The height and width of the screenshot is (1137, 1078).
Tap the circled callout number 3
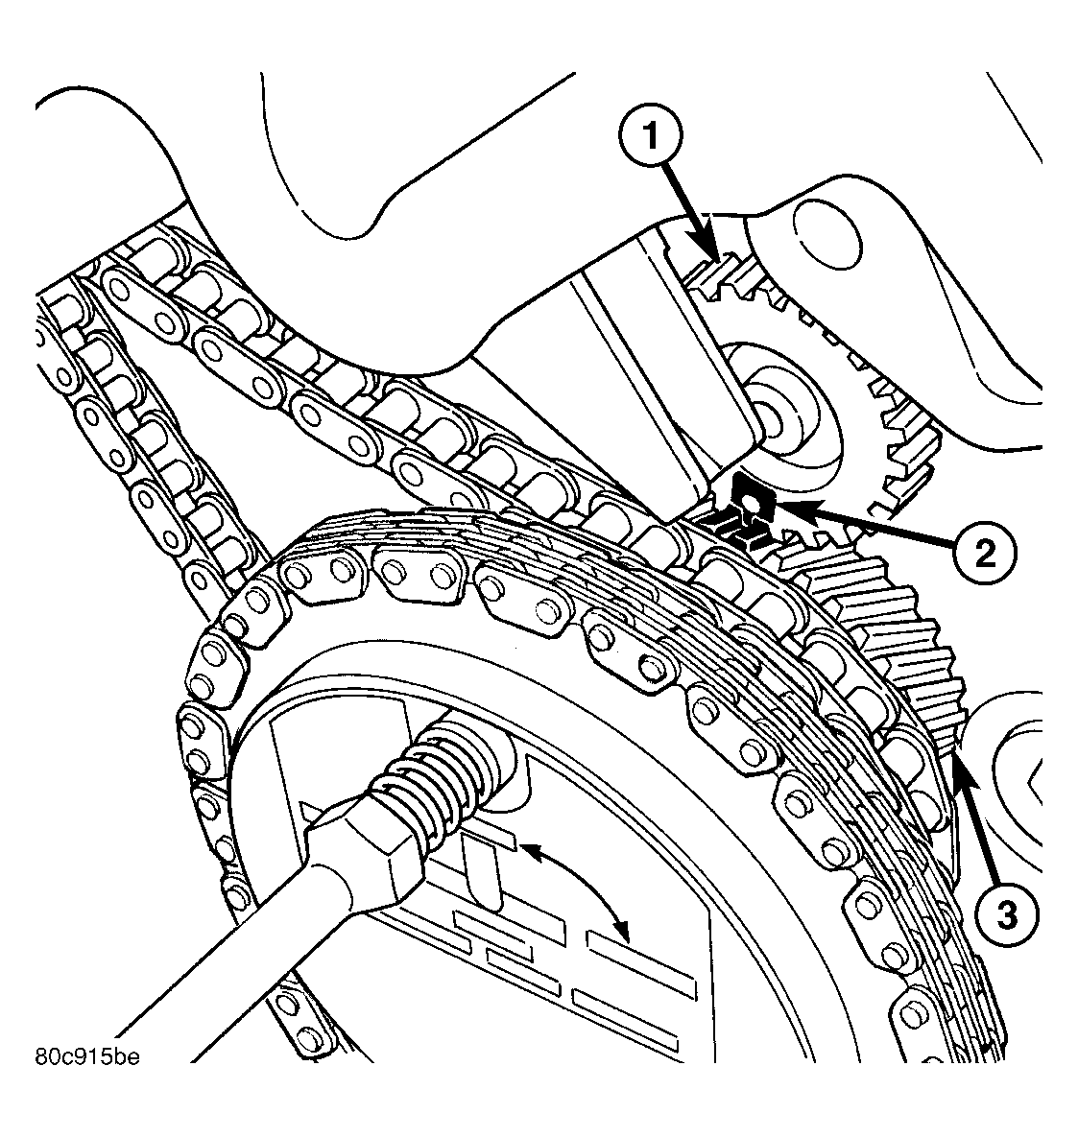point(1002,916)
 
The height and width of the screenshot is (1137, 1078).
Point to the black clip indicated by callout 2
point(742,509)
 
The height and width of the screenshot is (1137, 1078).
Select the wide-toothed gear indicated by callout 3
point(893,633)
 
